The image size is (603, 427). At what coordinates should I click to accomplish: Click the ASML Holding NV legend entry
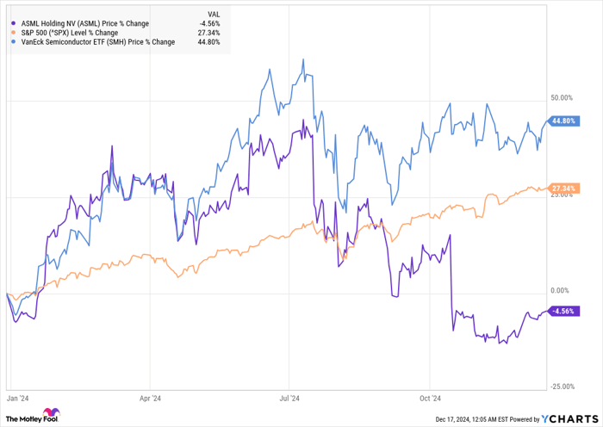tap(81, 23)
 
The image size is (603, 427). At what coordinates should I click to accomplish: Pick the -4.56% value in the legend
tap(208, 23)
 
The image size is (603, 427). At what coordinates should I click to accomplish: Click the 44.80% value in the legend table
tap(208, 41)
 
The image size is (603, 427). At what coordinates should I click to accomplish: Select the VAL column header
tap(212, 14)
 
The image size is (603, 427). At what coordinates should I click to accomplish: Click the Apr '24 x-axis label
tap(150, 399)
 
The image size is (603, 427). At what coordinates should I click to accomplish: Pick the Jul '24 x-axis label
tap(289, 399)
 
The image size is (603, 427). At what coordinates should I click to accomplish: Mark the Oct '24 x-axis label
tap(430, 399)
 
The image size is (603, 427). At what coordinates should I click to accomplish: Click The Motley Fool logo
tap(34, 418)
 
